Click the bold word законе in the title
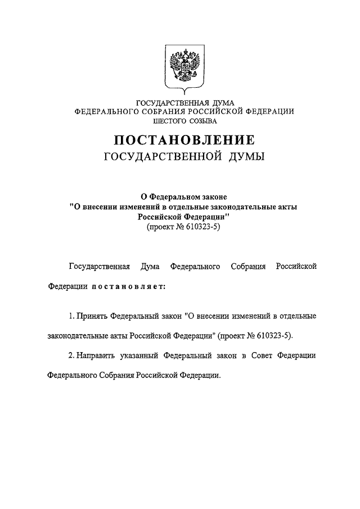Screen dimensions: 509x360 [211, 197]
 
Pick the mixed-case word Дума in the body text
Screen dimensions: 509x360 [150, 266]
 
